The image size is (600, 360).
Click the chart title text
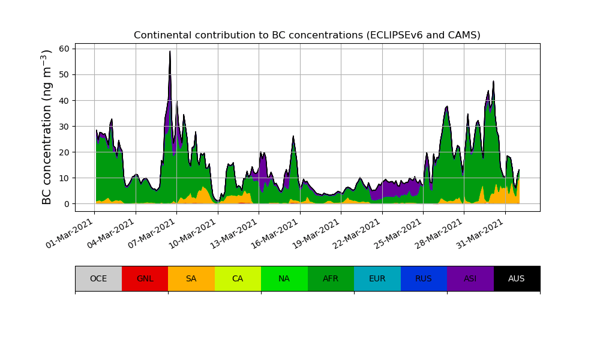click(x=307, y=35)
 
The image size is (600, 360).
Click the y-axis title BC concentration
click(x=47, y=127)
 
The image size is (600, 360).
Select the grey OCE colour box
click(x=98, y=278)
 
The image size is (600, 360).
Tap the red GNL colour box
click(x=145, y=278)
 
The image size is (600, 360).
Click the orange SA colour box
click(x=191, y=278)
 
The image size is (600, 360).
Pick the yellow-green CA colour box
click(x=238, y=278)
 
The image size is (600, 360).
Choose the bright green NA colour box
click(x=284, y=278)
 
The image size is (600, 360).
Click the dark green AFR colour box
click(x=331, y=278)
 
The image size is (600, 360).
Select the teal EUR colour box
click(x=377, y=278)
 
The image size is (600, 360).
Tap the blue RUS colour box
click(x=424, y=278)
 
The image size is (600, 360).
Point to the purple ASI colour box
click(x=470, y=278)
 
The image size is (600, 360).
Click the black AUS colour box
click(x=517, y=278)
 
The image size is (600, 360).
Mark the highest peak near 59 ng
click(x=170, y=52)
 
